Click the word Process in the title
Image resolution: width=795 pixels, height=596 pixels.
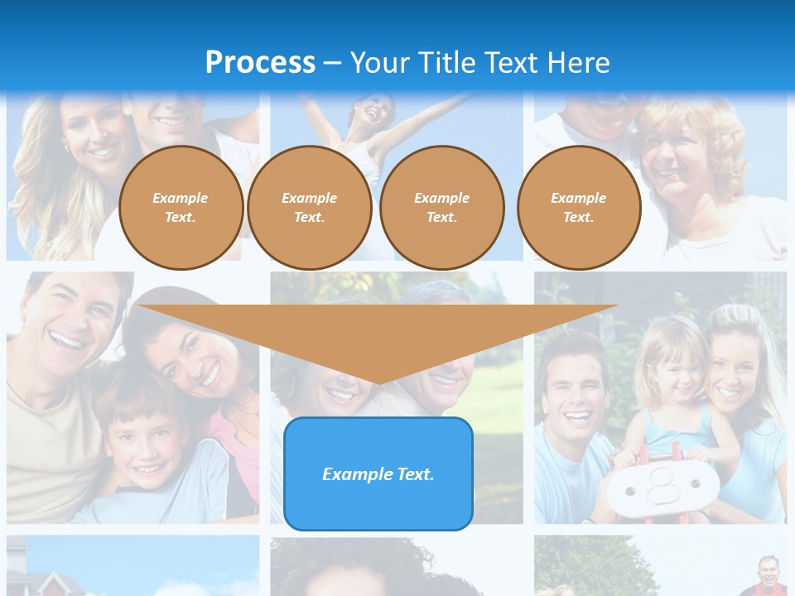pyautogui.click(x=260, y=63)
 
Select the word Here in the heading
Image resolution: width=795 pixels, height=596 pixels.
pyautogui.click(x=578, y=63)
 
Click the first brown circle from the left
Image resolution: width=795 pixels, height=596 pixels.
pyautogui.click(x=181, y=208)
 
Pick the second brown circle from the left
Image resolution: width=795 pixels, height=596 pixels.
pyautogui.click(x=309, y=208)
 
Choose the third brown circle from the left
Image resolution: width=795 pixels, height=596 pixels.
pyautogui.click(x=441, y=208)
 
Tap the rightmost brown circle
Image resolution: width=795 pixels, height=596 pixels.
pyautogui.click(x=578, y=208)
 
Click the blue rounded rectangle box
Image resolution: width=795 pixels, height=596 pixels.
pyautogui.click(x=378, y=473)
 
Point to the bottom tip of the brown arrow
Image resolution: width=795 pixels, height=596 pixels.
pyautogui.click(x=378, y=384)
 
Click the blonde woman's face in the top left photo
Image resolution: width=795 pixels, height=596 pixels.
pyautogui.click(x=91, y=132)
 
